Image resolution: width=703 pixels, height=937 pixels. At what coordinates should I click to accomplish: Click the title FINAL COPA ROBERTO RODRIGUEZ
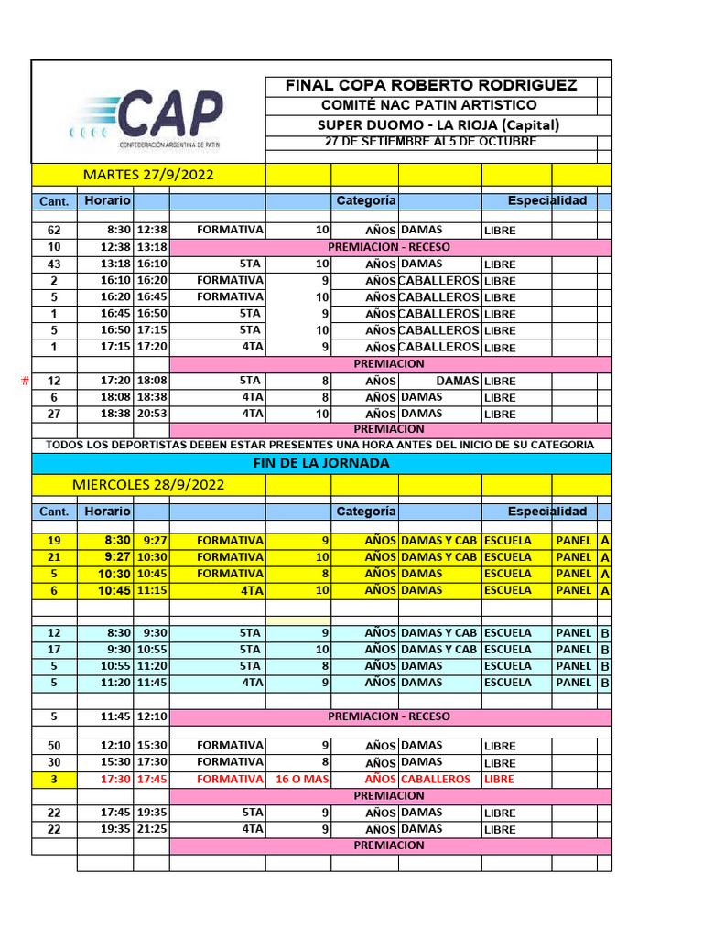431,85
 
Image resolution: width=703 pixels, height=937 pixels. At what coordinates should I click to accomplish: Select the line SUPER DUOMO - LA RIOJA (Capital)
438,124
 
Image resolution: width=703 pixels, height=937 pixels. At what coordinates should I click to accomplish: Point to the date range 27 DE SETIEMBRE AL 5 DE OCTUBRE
431,142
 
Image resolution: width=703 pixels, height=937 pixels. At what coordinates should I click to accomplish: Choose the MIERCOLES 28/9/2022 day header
147,484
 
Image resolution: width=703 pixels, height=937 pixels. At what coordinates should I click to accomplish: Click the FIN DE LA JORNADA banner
320,463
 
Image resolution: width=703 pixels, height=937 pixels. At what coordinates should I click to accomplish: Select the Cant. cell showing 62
54,231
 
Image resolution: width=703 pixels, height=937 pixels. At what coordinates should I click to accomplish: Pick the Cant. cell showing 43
54,264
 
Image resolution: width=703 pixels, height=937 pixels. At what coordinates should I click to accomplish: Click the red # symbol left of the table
25,381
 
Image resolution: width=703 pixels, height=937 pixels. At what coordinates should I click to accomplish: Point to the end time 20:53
151,414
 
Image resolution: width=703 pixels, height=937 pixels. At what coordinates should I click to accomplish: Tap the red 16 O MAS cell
296,779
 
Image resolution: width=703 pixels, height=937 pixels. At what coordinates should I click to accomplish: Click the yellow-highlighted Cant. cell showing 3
54,779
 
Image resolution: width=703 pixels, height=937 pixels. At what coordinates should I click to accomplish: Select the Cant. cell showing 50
54,746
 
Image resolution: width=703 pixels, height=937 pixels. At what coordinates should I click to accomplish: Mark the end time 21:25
151,829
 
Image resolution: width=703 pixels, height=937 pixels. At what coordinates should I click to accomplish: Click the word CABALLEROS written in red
436,779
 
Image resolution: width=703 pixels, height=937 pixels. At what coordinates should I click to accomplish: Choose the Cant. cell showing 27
54,414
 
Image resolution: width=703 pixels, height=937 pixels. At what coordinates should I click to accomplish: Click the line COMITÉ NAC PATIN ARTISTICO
429,105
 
